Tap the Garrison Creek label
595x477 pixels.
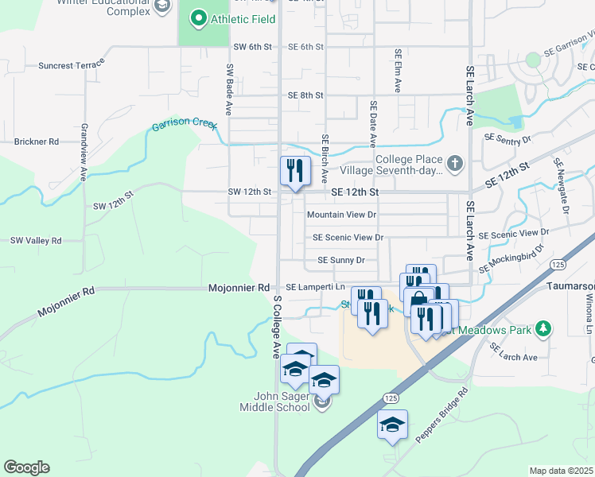pos(184,126)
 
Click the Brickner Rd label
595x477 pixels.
pos(37,142)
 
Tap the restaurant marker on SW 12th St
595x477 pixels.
pos(294,170)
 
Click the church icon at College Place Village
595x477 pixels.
pos(454,164)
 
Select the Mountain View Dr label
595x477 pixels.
pos(341,215)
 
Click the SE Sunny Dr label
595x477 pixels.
pos(340,260)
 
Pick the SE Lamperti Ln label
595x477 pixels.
pos(316,287)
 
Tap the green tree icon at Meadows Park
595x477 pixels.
pos(543,328)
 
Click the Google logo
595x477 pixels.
pos(26,467)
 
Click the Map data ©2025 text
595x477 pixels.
pos(560,471)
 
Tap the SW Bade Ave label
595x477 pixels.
pos(229,90)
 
